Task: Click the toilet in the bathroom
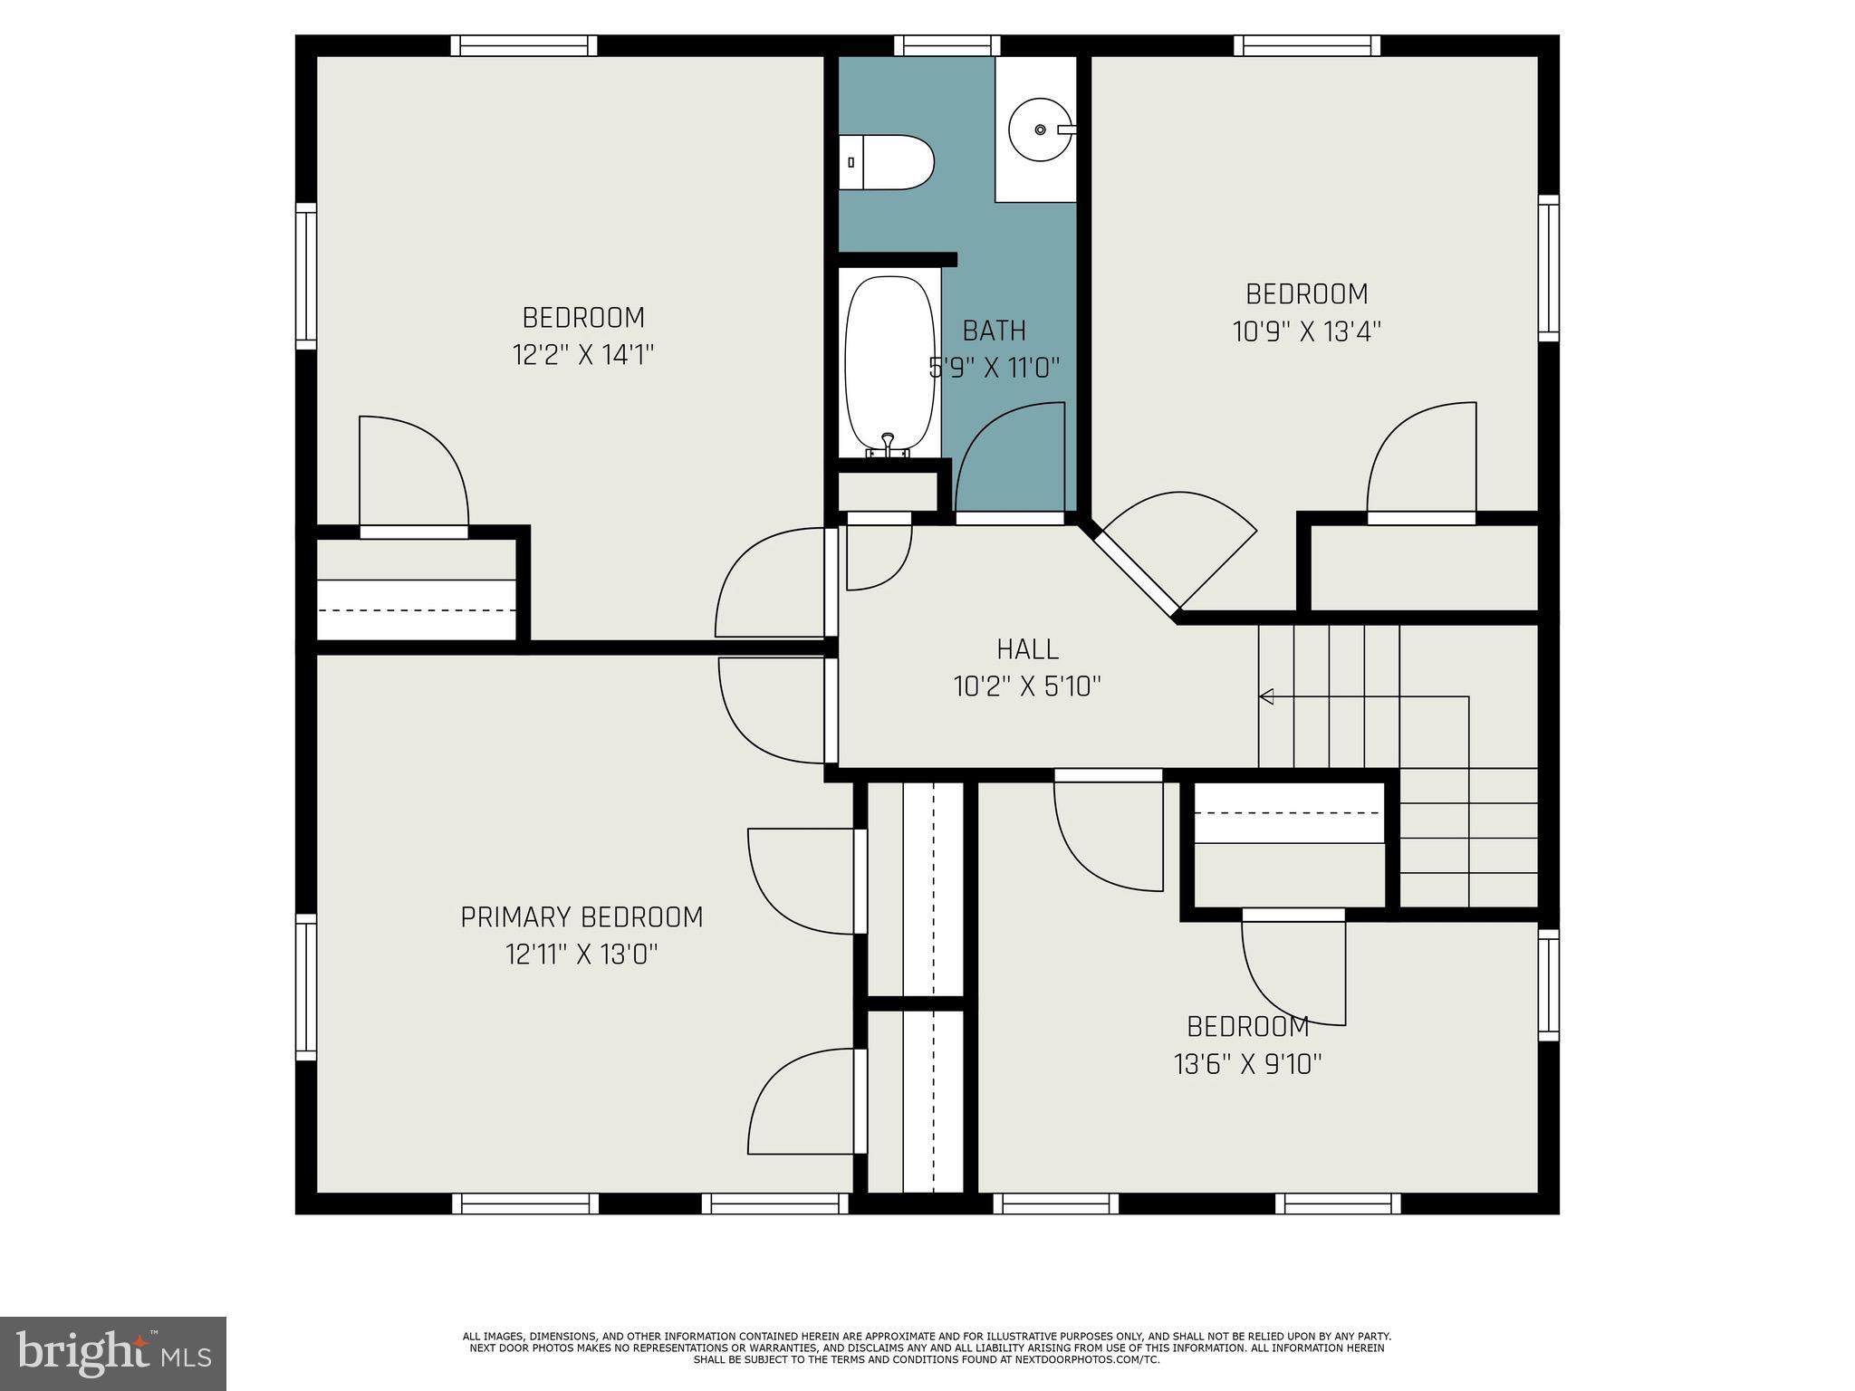pos(886,162)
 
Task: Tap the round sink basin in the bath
pos(1040,130)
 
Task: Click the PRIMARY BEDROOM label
pos(581,917)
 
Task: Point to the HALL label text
pos(1027,649)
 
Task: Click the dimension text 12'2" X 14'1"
pos(583,355)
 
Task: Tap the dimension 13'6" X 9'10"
pos(1248,1064)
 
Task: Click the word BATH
pos(994,331)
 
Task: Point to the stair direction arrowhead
pos(1266,696)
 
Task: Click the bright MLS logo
pos(113,1352)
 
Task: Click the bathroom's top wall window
pos(947,45)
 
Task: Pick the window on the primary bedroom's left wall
pos(306,986)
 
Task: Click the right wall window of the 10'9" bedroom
pos(1548,268)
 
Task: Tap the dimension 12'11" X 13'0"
pos(581,955)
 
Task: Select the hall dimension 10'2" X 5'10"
pos(1027,686)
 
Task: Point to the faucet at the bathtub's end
pos(888,443)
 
